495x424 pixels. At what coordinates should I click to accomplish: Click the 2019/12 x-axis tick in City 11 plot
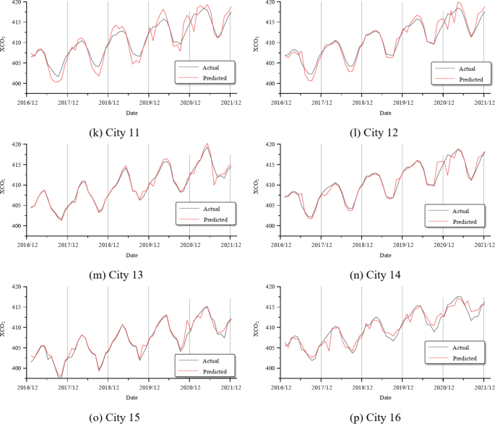coord(149,94)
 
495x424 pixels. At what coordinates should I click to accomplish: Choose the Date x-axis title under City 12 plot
coord(385,113)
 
